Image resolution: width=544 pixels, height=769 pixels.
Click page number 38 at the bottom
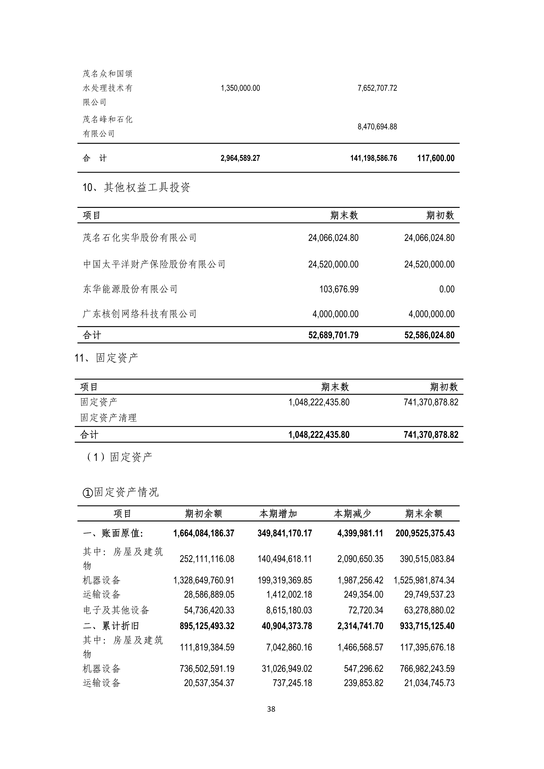[271, 709]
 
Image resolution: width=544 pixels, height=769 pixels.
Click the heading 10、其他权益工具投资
[136, 187]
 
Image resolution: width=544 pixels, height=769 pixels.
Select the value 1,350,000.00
[240, 88]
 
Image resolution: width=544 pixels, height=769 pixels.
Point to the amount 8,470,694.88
[377, 127]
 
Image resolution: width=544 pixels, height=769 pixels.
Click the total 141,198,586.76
[374, 158]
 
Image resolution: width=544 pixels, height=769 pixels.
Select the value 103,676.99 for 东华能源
[339, 289]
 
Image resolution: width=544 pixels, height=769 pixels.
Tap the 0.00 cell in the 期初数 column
[447, 289]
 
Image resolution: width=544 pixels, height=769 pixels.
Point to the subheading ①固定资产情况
[121, 492]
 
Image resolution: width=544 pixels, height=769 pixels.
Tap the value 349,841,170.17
[285, 533]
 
